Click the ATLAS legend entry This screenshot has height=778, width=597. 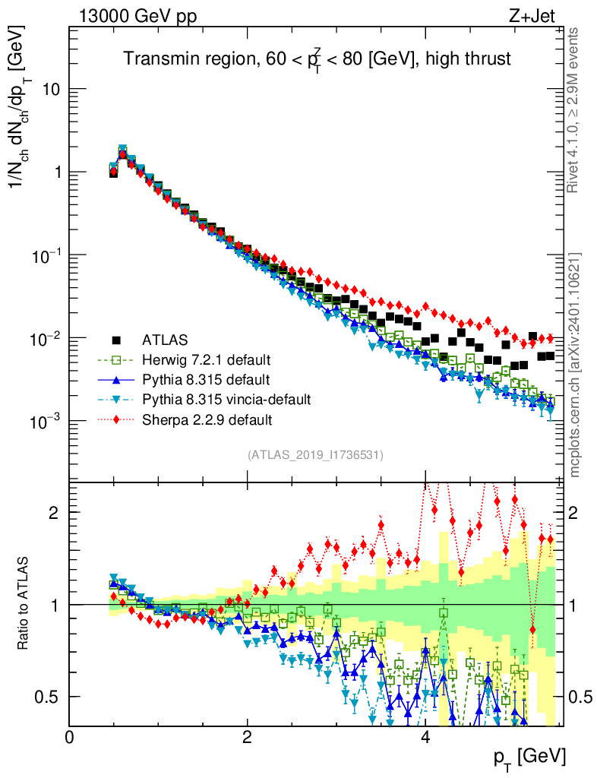164,339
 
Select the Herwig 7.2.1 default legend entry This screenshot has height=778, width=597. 207,359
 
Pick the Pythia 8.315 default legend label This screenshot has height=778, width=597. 205,379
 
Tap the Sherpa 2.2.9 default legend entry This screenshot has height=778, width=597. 207,419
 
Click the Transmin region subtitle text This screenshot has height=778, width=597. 317,59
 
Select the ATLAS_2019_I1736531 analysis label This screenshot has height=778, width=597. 315,455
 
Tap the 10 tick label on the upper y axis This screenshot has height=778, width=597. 51,89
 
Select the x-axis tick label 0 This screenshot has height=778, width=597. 70,737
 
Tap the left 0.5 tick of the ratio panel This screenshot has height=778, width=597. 50,697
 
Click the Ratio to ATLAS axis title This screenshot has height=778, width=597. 24,604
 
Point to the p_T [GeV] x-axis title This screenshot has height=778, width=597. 529,757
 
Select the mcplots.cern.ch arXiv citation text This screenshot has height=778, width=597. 575,365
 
